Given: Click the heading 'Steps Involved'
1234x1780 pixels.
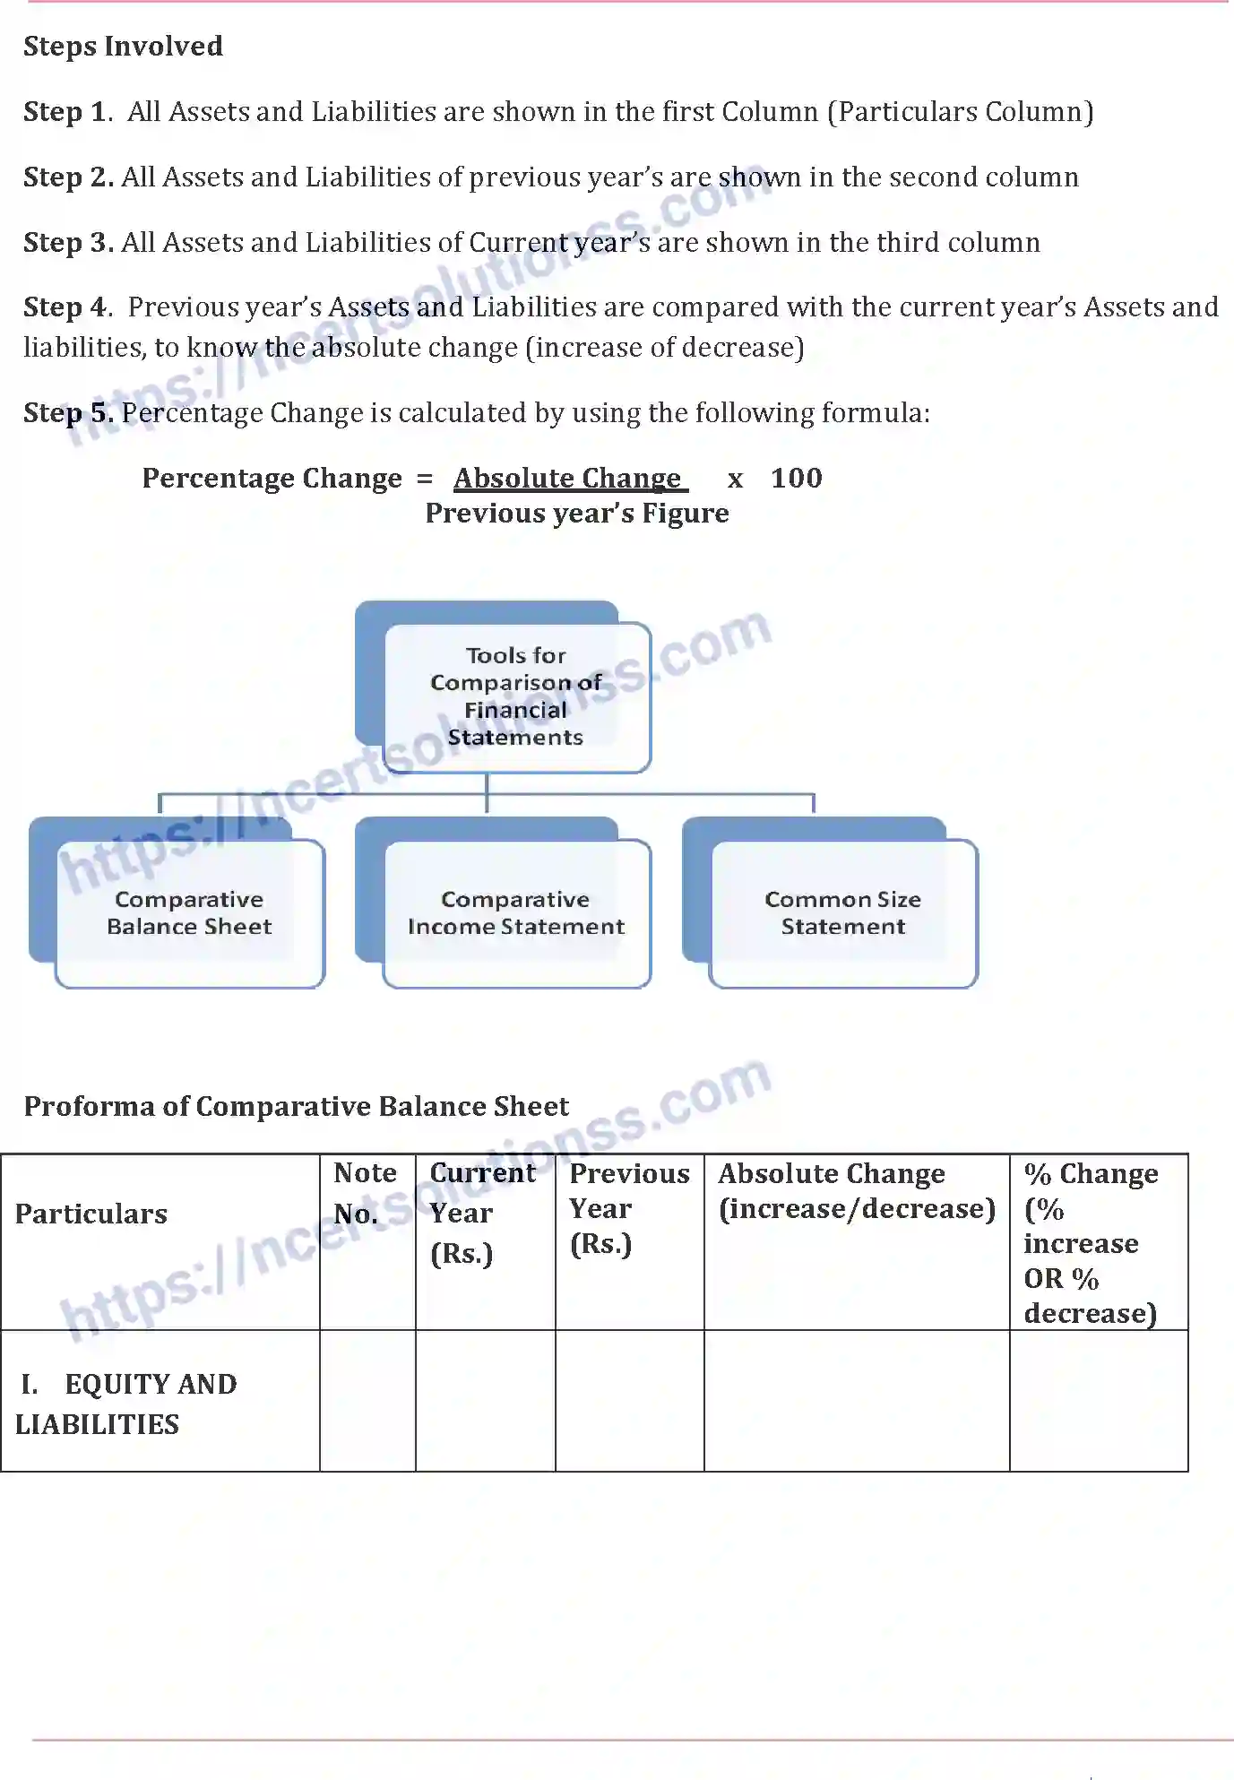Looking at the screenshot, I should click(x=123, y=46).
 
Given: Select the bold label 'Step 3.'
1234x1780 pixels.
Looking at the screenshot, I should click(x=68, y=243).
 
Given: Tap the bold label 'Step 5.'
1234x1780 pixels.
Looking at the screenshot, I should click(x=68, y=413).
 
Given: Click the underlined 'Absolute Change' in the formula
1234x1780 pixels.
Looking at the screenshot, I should click(x=568, y=479).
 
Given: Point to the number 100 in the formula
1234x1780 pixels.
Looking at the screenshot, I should click(x=796, y=479).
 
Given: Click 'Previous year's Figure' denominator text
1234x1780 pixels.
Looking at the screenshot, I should click(x=576, y=514).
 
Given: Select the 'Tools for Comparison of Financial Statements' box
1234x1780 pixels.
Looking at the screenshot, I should click(x=515, y=696).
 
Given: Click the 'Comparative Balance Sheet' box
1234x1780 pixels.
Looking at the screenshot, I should click(x=189, y=912).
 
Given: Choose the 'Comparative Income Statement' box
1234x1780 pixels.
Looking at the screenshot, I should click(x=516, y=912).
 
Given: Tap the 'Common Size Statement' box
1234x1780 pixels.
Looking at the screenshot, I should click(x=842, y=912).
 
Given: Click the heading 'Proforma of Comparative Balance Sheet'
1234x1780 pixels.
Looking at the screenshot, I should click(x=296, y=1107).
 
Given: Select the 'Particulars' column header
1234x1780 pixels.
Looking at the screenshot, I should click(x=91, y=1214).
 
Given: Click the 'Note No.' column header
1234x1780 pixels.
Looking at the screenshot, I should click(x=365, y=1194).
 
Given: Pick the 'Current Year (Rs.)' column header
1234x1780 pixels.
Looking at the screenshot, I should click(x=483, y=1213).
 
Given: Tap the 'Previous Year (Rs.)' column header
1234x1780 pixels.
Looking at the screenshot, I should click(x=629, y=1208).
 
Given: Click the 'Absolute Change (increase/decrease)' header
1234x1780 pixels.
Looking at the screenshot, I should click(x=856, y=1191).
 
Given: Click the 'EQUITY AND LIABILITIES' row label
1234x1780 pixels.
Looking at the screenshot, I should click(x=125, y=1404).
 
